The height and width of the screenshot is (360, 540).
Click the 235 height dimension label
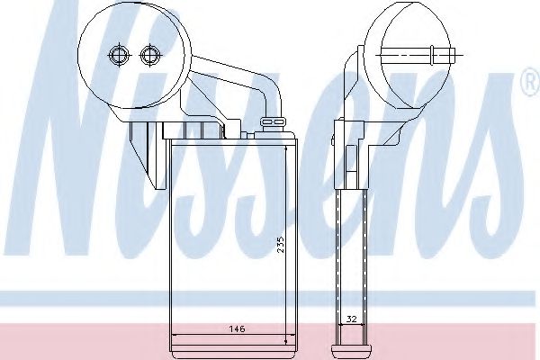tap(282, 244)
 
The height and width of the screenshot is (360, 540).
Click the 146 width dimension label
tap(237, 328)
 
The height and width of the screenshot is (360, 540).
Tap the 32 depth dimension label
tap(351, 319)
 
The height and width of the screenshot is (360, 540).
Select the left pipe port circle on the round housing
tap(119, 55)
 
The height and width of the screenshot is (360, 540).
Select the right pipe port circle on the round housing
tap(149, 54)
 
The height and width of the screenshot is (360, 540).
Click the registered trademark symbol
tap(531, 81)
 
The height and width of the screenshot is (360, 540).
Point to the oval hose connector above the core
tap(274, 121)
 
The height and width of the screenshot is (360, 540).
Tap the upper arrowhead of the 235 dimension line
tap(286, 148)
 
